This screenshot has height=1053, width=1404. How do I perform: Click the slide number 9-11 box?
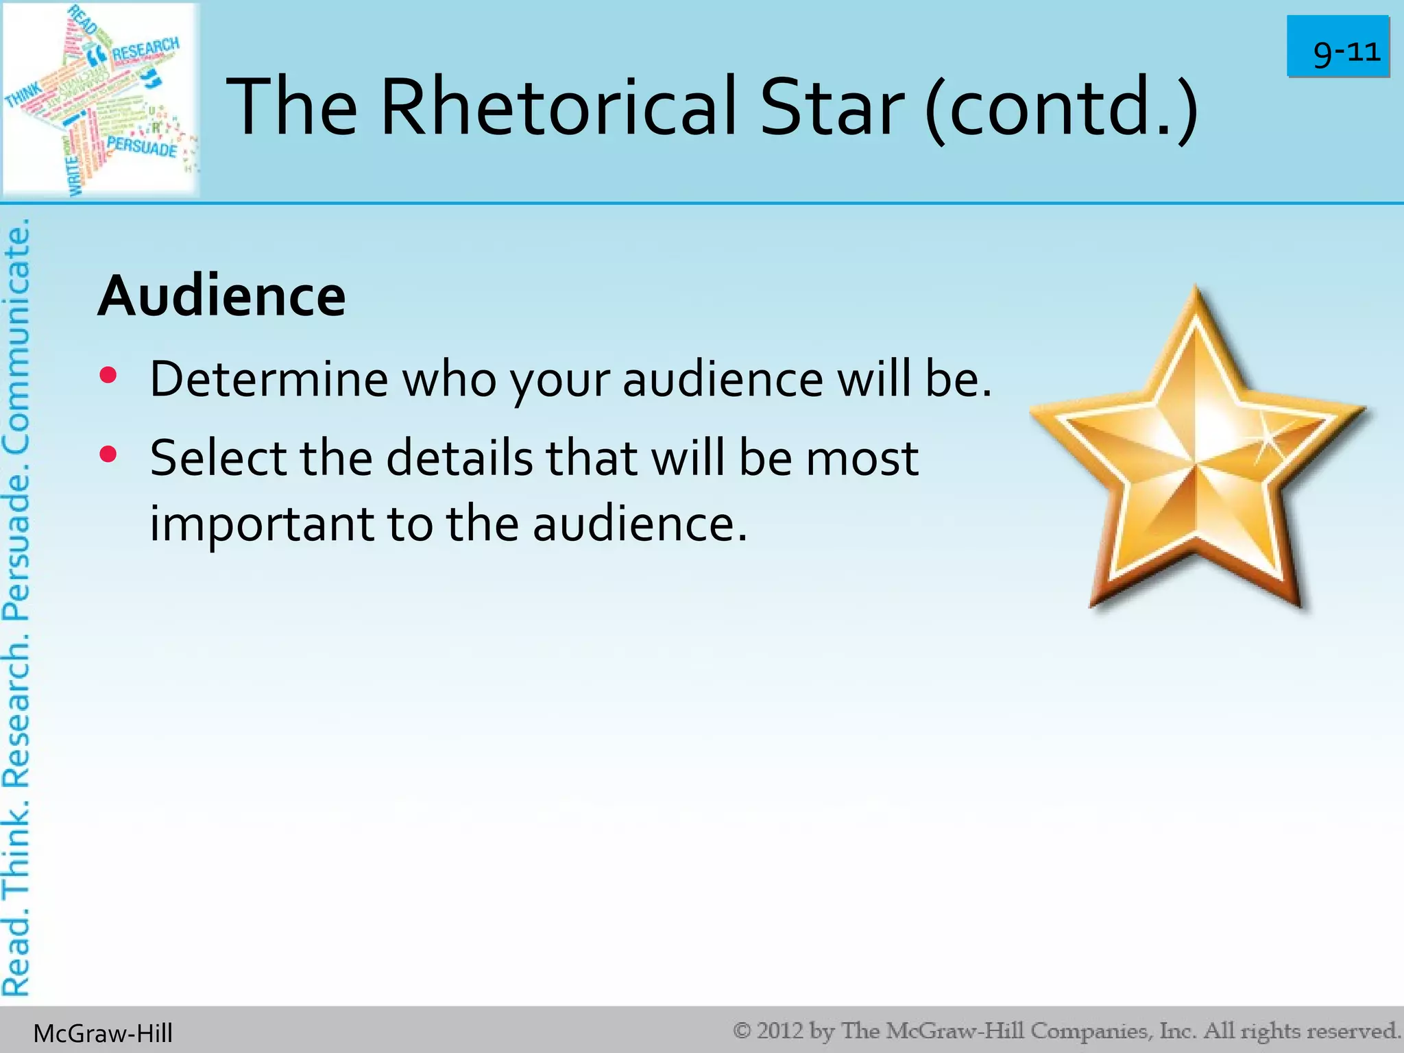point(1338,47)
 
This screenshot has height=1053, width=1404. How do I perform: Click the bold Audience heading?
point(221,296)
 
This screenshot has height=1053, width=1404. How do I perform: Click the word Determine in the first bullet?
point(269,378)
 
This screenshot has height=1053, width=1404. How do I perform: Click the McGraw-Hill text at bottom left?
point(103,1033)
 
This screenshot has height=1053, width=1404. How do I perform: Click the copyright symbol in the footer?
point(742,1030)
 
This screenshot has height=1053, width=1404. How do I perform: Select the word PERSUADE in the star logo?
point(142,146)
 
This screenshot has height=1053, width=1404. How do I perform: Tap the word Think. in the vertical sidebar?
point(16,850)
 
